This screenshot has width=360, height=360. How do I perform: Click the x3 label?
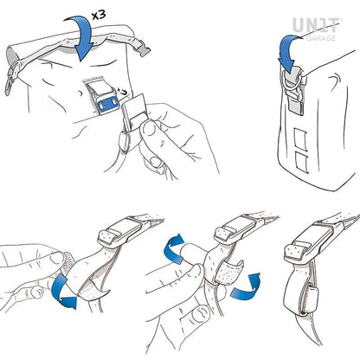[x=99, y=15]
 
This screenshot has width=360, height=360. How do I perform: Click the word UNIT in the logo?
[x=317, y=25]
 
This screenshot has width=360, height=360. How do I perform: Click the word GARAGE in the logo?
[x=321, y=38]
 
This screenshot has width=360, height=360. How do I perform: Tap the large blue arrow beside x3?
[x=79, y=37]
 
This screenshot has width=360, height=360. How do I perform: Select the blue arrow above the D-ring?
[x=289, y=54]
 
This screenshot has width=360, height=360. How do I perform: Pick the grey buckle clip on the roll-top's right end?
[x=143, y=49]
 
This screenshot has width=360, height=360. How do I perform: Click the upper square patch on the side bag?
[x=301, y=139]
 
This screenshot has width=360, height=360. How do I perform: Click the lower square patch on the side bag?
[x=302, y=162]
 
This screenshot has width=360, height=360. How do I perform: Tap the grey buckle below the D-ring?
[x=295, y=102]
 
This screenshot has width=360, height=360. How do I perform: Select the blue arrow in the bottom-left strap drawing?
[x=64, y=292]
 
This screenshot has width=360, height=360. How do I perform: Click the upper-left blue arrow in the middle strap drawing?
[x=174, y=248]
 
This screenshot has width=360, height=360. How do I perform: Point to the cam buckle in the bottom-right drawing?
[x=310, y=243]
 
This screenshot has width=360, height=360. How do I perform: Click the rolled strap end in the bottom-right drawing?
[x=309, y=300]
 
